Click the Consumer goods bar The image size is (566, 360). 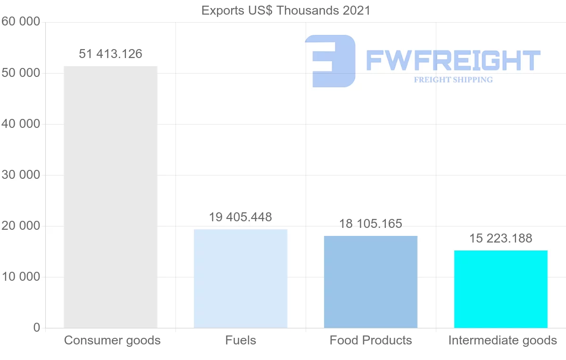[x=110, y=197]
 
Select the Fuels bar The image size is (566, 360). [x=241, y=278]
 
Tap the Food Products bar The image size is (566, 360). [x=371, y=282]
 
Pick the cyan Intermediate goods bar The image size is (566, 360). [x=500, y=289]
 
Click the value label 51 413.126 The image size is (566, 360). [x=110, y=54]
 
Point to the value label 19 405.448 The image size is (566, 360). [x=241, y=217]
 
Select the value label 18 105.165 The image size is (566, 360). [x=371, y=224]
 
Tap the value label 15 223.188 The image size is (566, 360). [x=500, y=238]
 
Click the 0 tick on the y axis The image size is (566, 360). [x=37, y=328]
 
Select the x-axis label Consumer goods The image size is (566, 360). [x=112, y=340]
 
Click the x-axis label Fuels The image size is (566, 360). [x=241, y=340]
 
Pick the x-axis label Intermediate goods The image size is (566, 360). [x=502, y=340]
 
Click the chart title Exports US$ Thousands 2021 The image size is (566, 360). [x=286, y=10]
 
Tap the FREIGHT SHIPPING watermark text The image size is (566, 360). [x=453, y=80]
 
